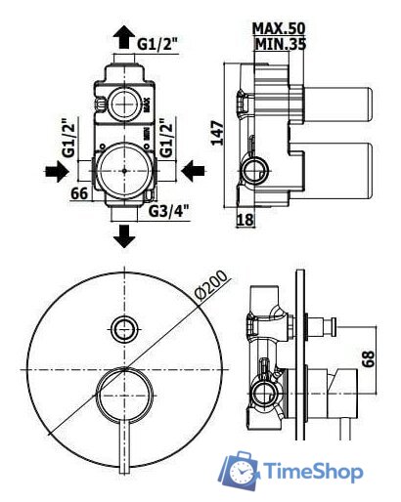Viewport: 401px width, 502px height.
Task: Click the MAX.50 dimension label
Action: pos(279,28)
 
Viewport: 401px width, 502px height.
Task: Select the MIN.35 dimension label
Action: pos(281,44)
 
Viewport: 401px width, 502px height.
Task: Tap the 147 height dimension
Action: pos(217,133)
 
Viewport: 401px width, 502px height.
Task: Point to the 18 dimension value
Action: pos(245,220)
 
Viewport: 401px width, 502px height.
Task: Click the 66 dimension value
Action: pos(79,193)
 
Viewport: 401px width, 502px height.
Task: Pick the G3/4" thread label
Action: pos(169,212)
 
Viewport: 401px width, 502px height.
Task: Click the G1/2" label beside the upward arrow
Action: pos(157,44)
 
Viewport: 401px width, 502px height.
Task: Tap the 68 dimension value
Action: pos(369,358)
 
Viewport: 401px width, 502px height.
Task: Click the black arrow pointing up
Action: pos(124,37)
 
